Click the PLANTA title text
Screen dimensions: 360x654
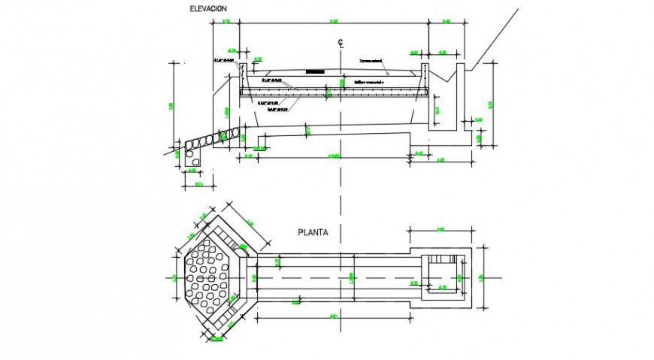click(312, 232)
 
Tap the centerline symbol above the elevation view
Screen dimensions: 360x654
click(341, 43)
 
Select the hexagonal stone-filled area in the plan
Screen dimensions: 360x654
click(207, 277)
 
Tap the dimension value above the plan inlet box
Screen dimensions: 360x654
click(441, 229)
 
